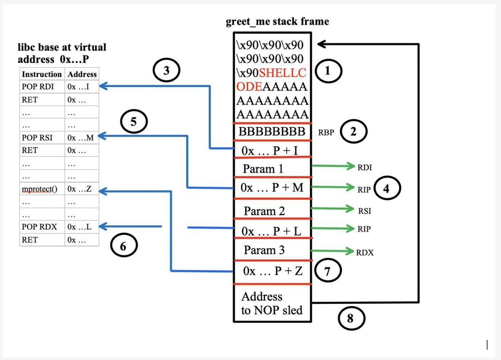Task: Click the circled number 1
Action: [x=328, y=72]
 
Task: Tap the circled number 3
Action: [x=166, y=71]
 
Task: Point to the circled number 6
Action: [x=123, y=247]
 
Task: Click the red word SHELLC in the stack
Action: [x=283, y=73]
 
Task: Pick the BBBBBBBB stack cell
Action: [x=272, y=132]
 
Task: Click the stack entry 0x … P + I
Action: [x=272, y=151]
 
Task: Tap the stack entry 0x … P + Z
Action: [x=272, y=271]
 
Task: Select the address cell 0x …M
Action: [x=80, y=137]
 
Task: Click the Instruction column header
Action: [x=42, y=74]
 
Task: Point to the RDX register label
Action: [x=365, y=252]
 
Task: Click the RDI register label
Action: [x=364, y=167]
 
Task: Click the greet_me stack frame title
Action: [x=277, y=21]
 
